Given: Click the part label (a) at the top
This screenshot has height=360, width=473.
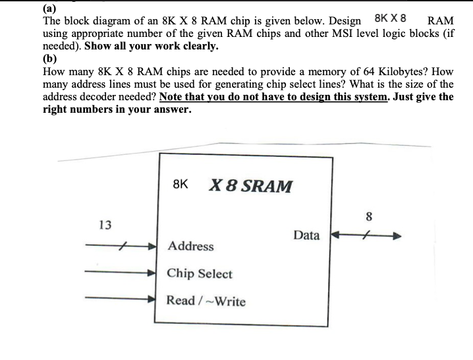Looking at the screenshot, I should pyautogui.click(x=49, y=9).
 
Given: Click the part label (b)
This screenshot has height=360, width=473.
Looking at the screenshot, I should pyautogui.click(x=50, y=59).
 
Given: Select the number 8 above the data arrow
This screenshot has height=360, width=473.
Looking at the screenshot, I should pyautogui.click(x=369, y=216).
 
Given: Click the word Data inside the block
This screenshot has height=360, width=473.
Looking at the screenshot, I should pyautogui.click(x=306, y=235).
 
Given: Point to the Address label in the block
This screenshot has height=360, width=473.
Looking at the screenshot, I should pyautogui.click(x=190, y=246).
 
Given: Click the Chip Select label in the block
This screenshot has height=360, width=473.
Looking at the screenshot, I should pyautogui.click(x=199, y=274).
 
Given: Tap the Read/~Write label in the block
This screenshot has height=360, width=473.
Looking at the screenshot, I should pyautogui.click(x=206, y=301).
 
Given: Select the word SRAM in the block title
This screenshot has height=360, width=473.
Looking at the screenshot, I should pyautogui.click(x=267, y=186).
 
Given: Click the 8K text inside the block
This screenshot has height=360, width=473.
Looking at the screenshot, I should pyautogui.click(x=181, y=185).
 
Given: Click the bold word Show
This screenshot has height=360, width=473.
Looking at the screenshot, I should pyautogui.click(x=99, y=47).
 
